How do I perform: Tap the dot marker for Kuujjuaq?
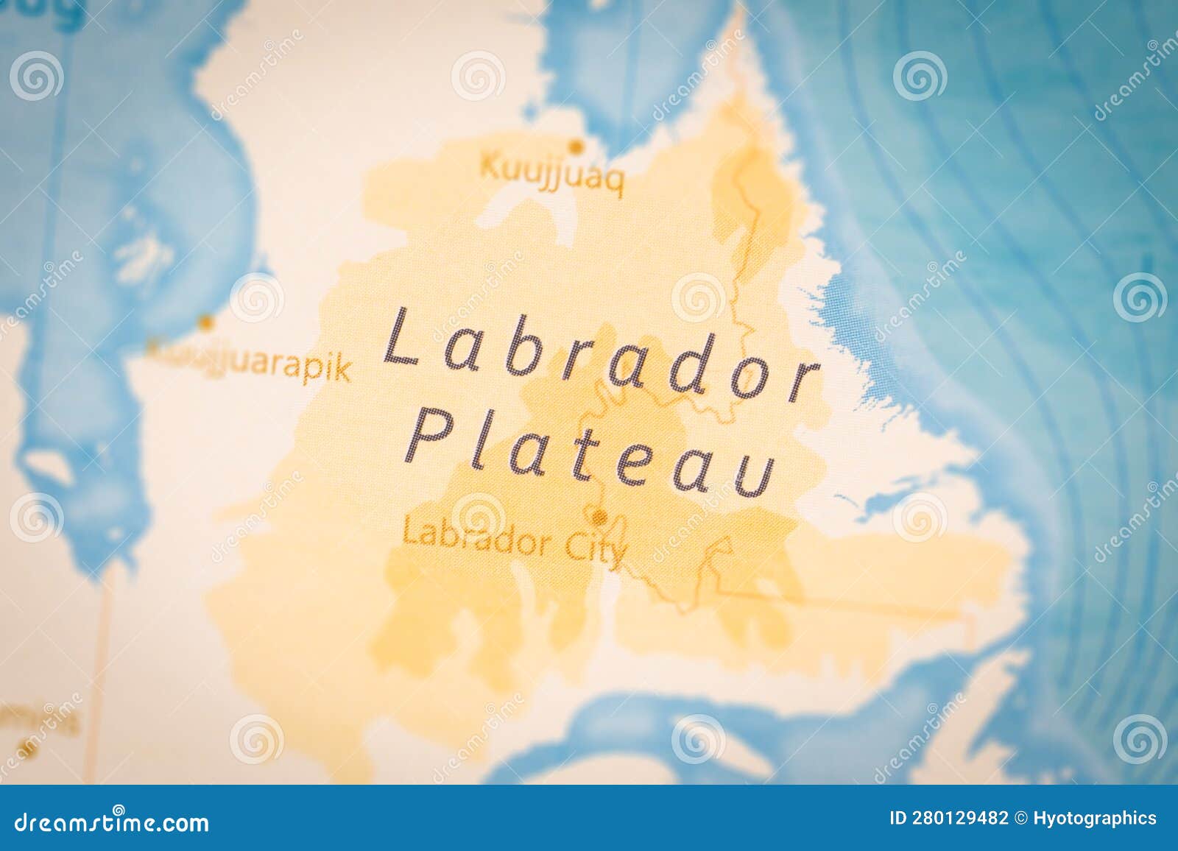577,146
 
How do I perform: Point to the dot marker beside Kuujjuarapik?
208,322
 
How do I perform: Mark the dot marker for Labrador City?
601,515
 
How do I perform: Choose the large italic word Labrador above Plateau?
601,358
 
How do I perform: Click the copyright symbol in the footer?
1021,818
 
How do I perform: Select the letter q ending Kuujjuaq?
616,185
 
